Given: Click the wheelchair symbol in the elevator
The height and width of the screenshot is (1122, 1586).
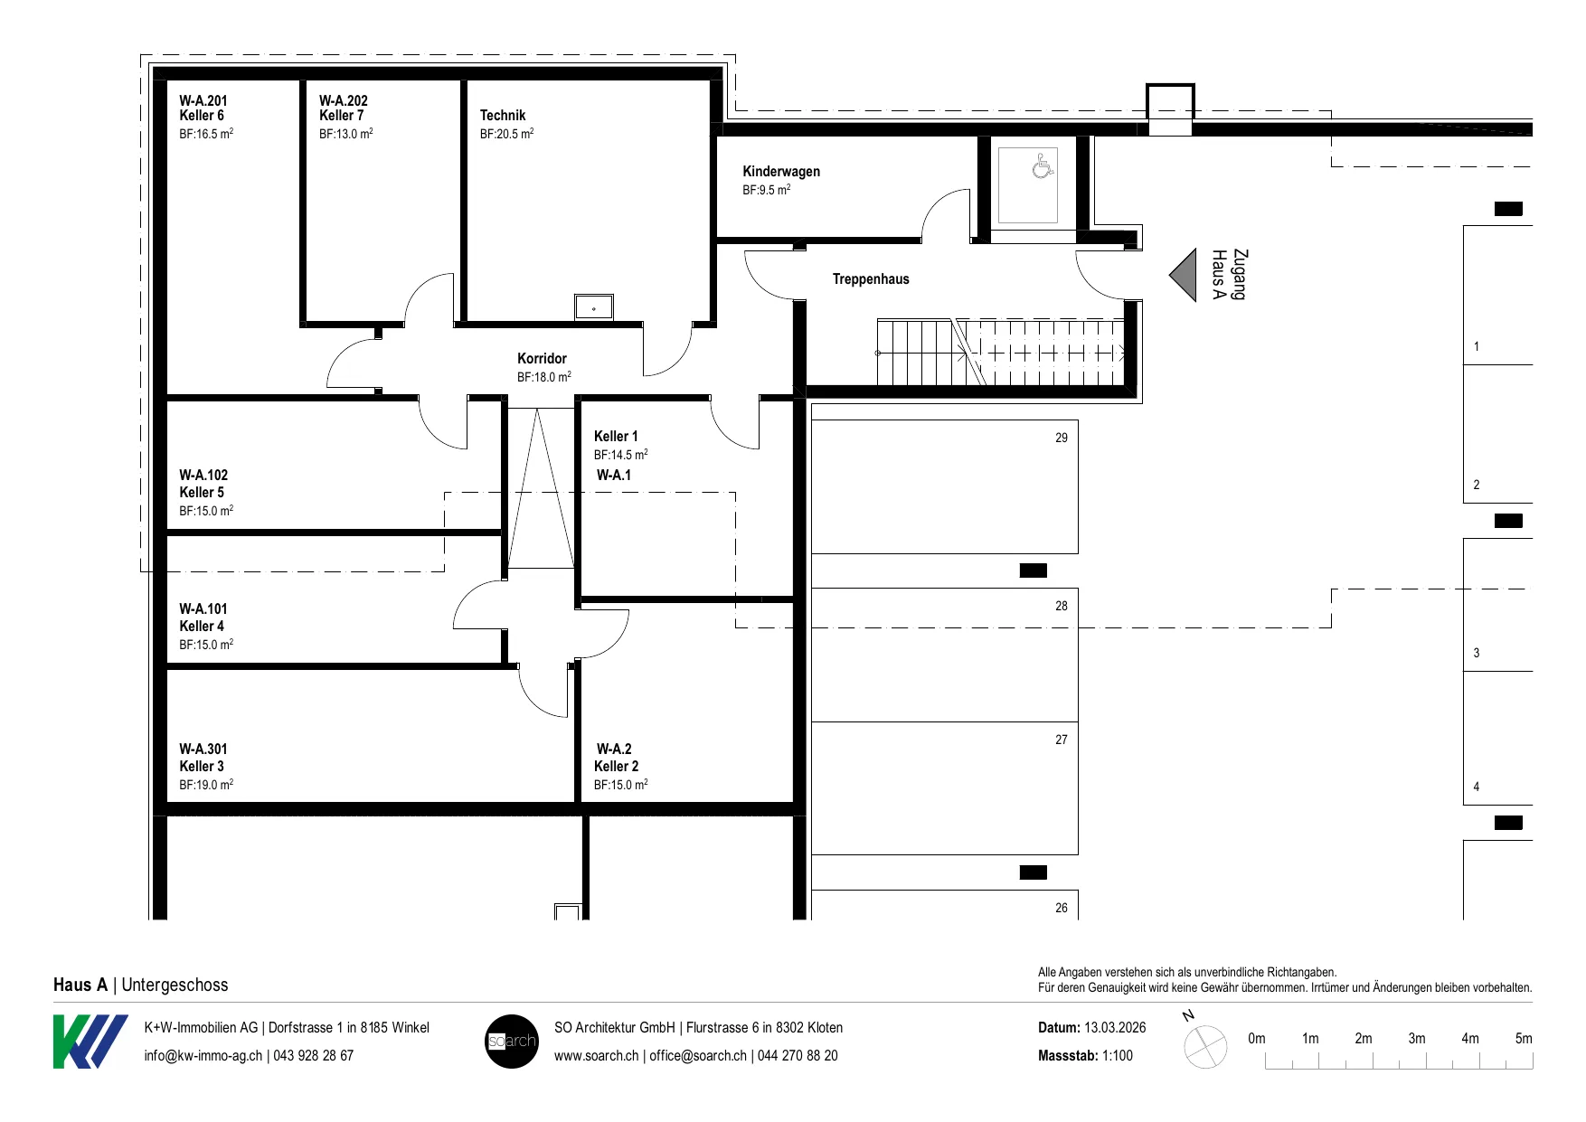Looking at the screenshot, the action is [x=1043, y=165].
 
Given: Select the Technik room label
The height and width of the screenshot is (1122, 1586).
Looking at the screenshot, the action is [x=503, y=116].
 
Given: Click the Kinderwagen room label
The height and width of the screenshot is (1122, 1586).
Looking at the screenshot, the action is [x=781, y=172].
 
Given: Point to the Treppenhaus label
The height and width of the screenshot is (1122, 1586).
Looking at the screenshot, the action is [x=871, y=279].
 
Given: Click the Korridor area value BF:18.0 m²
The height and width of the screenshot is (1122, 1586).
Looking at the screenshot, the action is [x=544, y=377].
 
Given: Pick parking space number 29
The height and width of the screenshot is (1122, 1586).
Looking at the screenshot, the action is [x=1062, y=438].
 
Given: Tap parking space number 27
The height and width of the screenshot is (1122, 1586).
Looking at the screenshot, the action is [x=1062, y=740].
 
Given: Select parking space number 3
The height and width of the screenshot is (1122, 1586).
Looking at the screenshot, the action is [x=1477, y=653].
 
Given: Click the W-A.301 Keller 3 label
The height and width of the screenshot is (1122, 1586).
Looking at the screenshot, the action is [x=203, y=758].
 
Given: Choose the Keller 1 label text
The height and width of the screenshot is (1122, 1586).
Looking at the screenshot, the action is [x=616, y=437].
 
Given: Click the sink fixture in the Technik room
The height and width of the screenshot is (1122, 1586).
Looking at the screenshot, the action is [x=594, y=306].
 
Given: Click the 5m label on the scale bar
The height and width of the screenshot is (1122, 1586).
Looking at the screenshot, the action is [x=1524, y=1039].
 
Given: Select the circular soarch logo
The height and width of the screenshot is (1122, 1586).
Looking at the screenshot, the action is [x=512, y=1042].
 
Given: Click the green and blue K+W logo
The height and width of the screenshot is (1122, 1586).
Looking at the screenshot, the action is [x=90, y=1042].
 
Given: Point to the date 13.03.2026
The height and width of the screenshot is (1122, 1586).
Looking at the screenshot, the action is [x=1115, y=1028].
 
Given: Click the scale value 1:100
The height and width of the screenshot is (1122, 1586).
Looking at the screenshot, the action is [x=1117, y=1056].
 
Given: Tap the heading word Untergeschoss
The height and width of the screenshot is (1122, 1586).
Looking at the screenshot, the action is [x=175, y=985].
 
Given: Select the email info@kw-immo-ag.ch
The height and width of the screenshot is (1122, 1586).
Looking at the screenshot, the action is [x=203, y=1056].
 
